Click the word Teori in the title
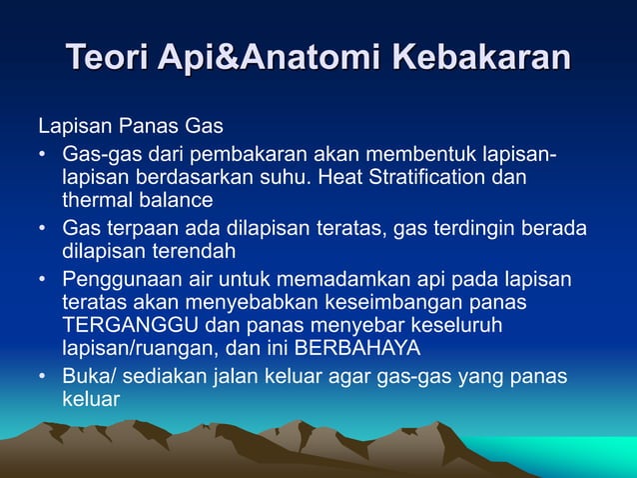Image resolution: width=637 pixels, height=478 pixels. pos(107,57)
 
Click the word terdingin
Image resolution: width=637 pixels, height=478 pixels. pos(465,230)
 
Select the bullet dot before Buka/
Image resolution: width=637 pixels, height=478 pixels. pos(43,376)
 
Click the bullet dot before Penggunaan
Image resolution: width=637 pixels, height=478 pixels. pos(43,279)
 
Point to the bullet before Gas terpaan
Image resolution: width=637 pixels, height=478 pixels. pos(43,230)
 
